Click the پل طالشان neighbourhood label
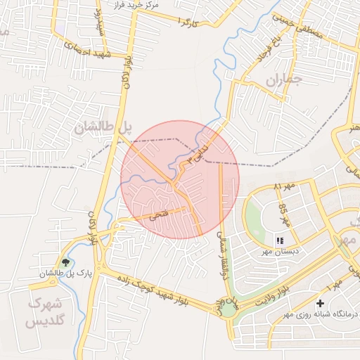tap(103, 127)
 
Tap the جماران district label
tap(283, 82)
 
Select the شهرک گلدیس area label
tap(46, 313)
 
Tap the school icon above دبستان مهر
tap(280, 240)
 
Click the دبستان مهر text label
tap(281, 251)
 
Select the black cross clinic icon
tap(320, 303)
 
